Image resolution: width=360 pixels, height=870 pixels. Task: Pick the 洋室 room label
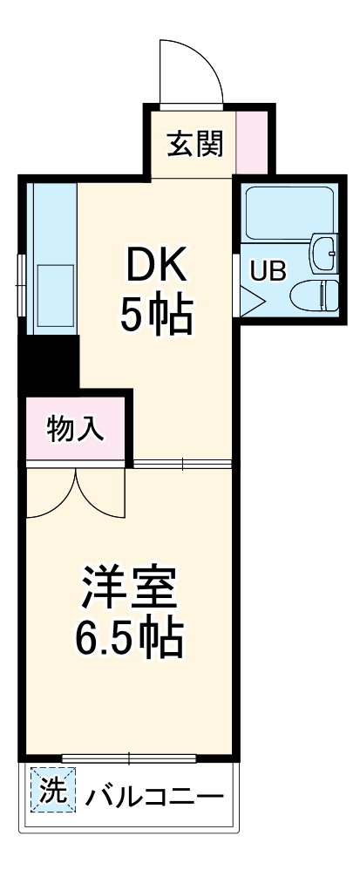[131, 588]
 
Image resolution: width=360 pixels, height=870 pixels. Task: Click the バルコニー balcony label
[153, 794]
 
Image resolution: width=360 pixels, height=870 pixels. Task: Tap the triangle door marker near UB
[250, 302]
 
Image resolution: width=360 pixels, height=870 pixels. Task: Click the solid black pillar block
[49, 362]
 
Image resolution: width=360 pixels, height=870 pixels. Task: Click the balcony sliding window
[128, 758]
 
